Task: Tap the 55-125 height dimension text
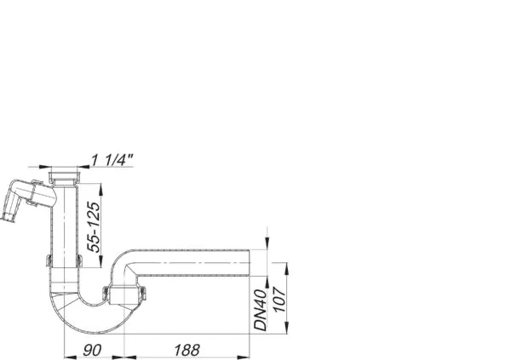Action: pos(95,224)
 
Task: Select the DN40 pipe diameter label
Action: pos(261,309)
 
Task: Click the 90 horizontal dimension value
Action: pos(93,350)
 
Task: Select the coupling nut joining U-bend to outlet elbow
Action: pos(124,295)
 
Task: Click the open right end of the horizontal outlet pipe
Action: pos(249,266)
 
